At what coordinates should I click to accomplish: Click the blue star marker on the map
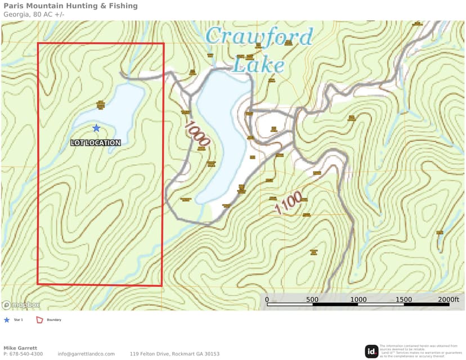pyautogui.click(x=96, y=128)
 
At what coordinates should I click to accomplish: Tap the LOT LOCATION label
pyautogui.click(x=96, y=143)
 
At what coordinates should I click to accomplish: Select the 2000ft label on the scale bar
pyautogui.click(x=448, y=300)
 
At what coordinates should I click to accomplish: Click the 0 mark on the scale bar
pyautogui.click(x=267, y=300)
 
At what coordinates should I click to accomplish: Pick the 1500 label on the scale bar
pyautogui.click(x=403, y=300)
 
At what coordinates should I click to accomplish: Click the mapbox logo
pyautogui.click(x=21, y=305)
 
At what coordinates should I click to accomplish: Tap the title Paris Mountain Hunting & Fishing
pyautogui.click(x=70, y=6)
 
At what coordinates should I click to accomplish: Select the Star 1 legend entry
pyautogui.click(x=17, y=320)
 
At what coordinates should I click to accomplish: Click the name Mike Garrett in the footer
pyautogui.click(x=20, y=348)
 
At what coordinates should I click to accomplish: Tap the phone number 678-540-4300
pyautogui.click(x=26, y=354)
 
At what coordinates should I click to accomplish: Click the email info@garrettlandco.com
pyautogui.click(x=86, y=354)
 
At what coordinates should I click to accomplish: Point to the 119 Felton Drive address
pyautogui.click(x=174, y=354)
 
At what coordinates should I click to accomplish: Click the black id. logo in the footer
pyautogui.click(x=371, y=351)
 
